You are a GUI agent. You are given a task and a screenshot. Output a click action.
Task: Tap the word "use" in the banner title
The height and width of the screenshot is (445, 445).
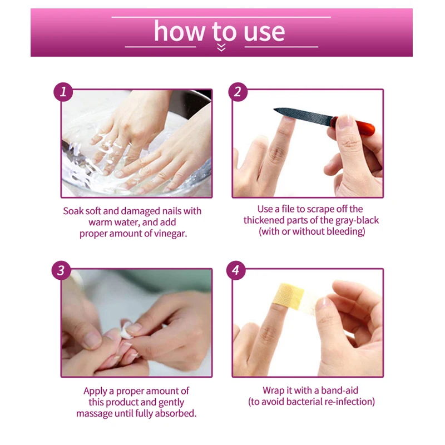pos(264,33)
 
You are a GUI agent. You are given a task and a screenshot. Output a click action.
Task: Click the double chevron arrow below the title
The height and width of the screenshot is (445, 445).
pos(221,47)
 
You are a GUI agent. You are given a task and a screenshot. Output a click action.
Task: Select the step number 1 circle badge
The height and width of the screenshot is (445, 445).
pos(63,92)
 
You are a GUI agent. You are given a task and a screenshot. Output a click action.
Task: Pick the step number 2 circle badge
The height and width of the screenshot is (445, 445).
pos(238,92)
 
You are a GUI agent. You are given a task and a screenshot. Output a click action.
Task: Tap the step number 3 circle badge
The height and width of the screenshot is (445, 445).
pos(61,270)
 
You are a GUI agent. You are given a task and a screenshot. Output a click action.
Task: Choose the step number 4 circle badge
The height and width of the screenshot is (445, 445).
pos(236,270)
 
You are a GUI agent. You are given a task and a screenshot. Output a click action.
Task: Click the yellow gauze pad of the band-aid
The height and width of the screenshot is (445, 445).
pos(288,296)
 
